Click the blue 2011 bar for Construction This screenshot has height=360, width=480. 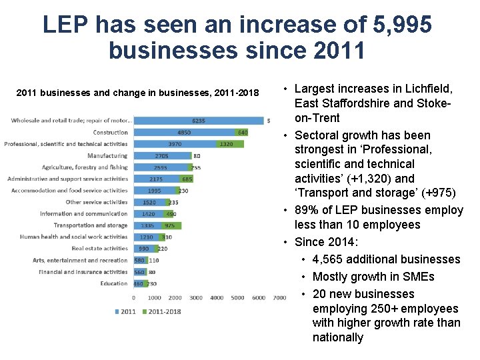184,133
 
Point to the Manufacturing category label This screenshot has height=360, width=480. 107,156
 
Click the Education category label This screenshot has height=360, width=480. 114,283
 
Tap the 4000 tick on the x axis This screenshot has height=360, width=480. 217,298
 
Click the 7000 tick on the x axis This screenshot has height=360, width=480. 279,298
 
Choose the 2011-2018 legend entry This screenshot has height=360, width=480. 163,311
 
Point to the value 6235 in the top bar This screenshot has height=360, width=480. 199,121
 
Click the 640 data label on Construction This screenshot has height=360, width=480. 243,133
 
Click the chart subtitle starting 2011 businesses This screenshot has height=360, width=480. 137,93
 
